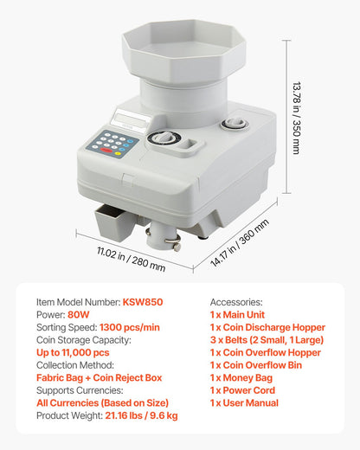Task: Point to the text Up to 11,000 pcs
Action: [x=73, y=353]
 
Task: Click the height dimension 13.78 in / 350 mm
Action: [x=295, y=113]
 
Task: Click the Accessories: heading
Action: [x=236, y=302]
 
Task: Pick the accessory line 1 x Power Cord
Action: [x=245, y=391]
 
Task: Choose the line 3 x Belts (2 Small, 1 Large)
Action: [x=267, y=340]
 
